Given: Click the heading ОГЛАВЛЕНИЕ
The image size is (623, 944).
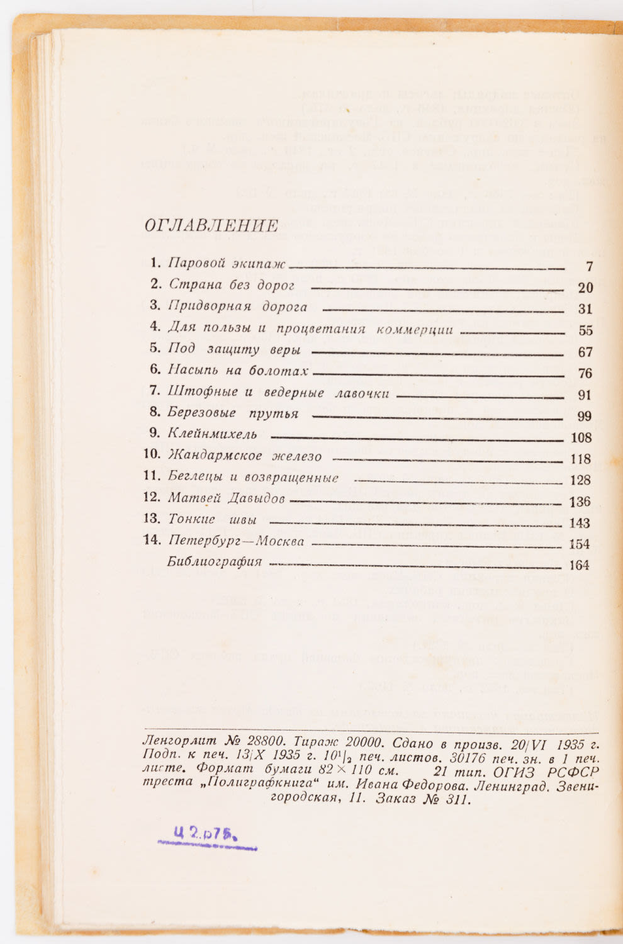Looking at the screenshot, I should click(211, 226).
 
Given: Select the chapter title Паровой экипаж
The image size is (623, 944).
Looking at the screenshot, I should click(227, 264).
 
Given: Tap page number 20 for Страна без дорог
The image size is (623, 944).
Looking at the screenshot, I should click(585, 288).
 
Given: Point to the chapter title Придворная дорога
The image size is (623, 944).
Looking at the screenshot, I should click(237, 307).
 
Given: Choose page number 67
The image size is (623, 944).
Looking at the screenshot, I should click(585, 352).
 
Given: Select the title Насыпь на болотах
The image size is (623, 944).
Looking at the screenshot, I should click(239, 371).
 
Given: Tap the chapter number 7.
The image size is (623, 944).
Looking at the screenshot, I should click(155, 391).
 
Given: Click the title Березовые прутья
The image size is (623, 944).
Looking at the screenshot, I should click(233, 413).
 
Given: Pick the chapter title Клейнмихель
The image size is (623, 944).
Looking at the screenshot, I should click(212, 434).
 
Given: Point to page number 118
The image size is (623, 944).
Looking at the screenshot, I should click(580, 459).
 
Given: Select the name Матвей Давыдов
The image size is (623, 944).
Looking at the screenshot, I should click(227, 499).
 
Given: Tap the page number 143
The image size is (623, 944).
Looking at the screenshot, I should click(579, 523).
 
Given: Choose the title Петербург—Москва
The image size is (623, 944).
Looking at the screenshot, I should click(236, 541).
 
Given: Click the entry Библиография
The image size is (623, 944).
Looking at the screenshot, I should click(214, 562).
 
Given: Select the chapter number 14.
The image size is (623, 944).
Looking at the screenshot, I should click(152, 541).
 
